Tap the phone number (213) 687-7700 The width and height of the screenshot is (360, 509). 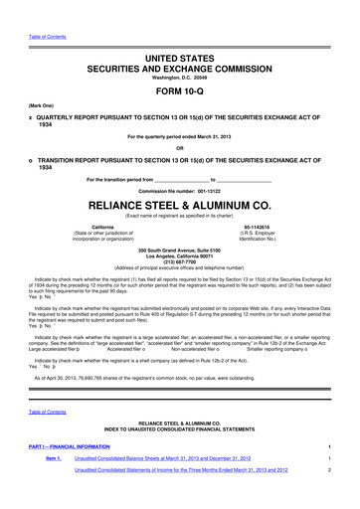click(x=179, y=275)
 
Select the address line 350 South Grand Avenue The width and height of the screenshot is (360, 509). click(x=179, y=261)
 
